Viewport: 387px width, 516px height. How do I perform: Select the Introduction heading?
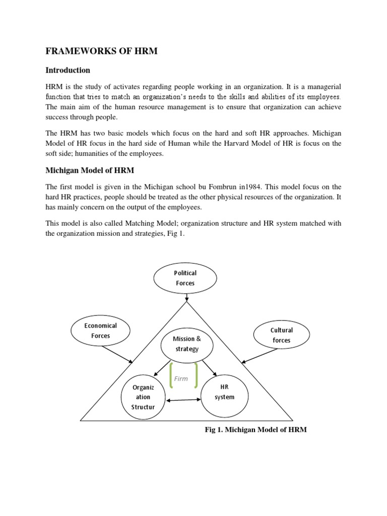(68, 70)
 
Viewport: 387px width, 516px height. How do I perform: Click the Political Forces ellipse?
(185, 278)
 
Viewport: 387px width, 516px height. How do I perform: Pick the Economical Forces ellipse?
(100, 331)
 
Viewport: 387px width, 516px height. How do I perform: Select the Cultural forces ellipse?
(281, 335)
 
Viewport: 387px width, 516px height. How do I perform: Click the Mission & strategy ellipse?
(187, 344)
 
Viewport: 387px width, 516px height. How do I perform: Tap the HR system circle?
(225, 392)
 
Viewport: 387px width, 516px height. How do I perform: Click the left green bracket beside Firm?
(171, 376)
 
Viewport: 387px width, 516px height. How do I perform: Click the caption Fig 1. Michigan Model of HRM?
(255, 430)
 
